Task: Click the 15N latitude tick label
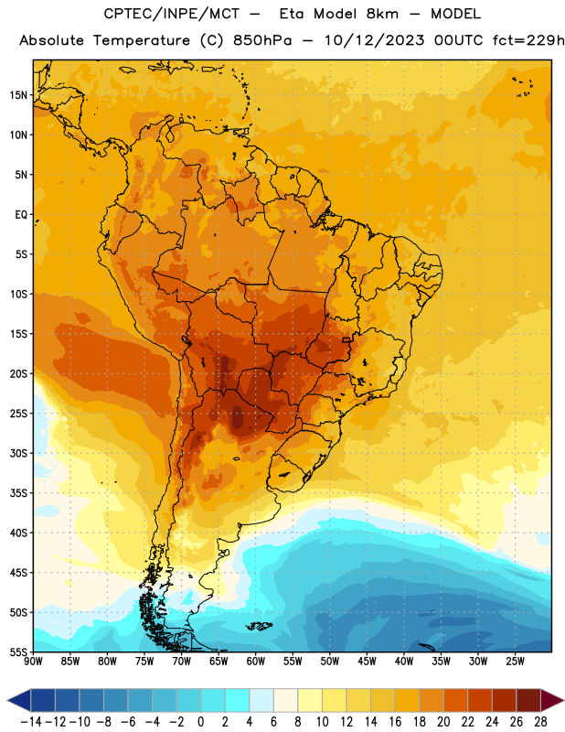(18, 95)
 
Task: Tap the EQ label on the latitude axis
(21, 215)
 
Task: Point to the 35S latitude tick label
(18, 493)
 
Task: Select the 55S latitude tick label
(18, 652)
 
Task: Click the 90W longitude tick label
(33, 662)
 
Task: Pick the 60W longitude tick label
(256, 662)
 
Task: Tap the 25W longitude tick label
(515, 662)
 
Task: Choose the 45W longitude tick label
(367, 662)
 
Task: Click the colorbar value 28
(540, 722)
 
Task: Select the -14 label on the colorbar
(31, 722)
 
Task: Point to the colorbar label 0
(200, 722)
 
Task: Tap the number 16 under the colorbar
(395, 722)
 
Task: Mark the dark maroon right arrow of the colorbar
(551, 700)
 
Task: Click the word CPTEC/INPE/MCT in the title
(171, 14)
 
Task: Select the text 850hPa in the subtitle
(262, 40)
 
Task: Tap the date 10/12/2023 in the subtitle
(375, 40)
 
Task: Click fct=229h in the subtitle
(528, 40)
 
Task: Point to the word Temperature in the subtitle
(142, 41)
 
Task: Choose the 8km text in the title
(382, 14)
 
